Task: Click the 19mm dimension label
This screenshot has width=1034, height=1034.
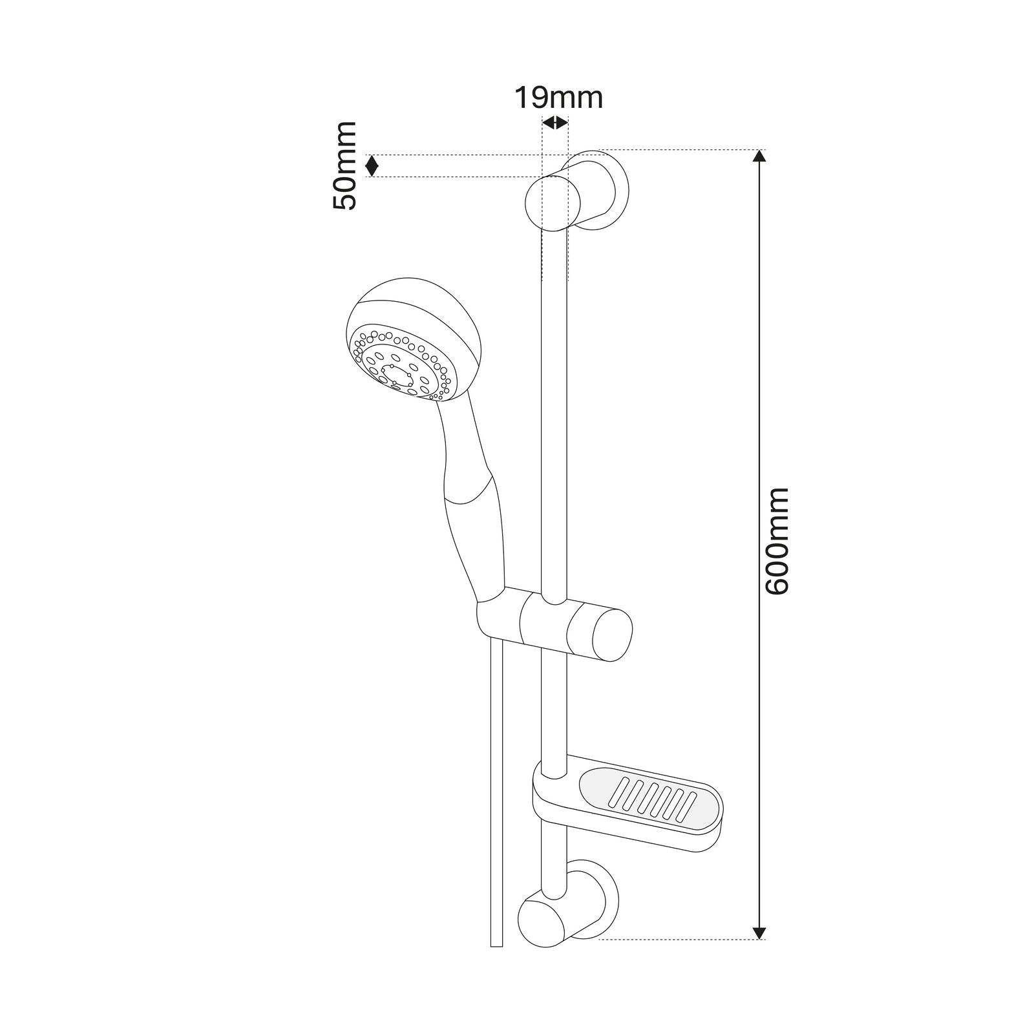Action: (x=558, y=98)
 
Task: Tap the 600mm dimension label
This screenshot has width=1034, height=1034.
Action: (x=776, y=541)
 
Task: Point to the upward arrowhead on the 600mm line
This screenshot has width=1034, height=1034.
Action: (x=760, y=157)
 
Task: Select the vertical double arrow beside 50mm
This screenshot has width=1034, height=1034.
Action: (x=372, y=166)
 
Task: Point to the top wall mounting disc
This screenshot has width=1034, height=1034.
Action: (x=611, y=187)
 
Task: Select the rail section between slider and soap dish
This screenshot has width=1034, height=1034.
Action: (x=554, y=711)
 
